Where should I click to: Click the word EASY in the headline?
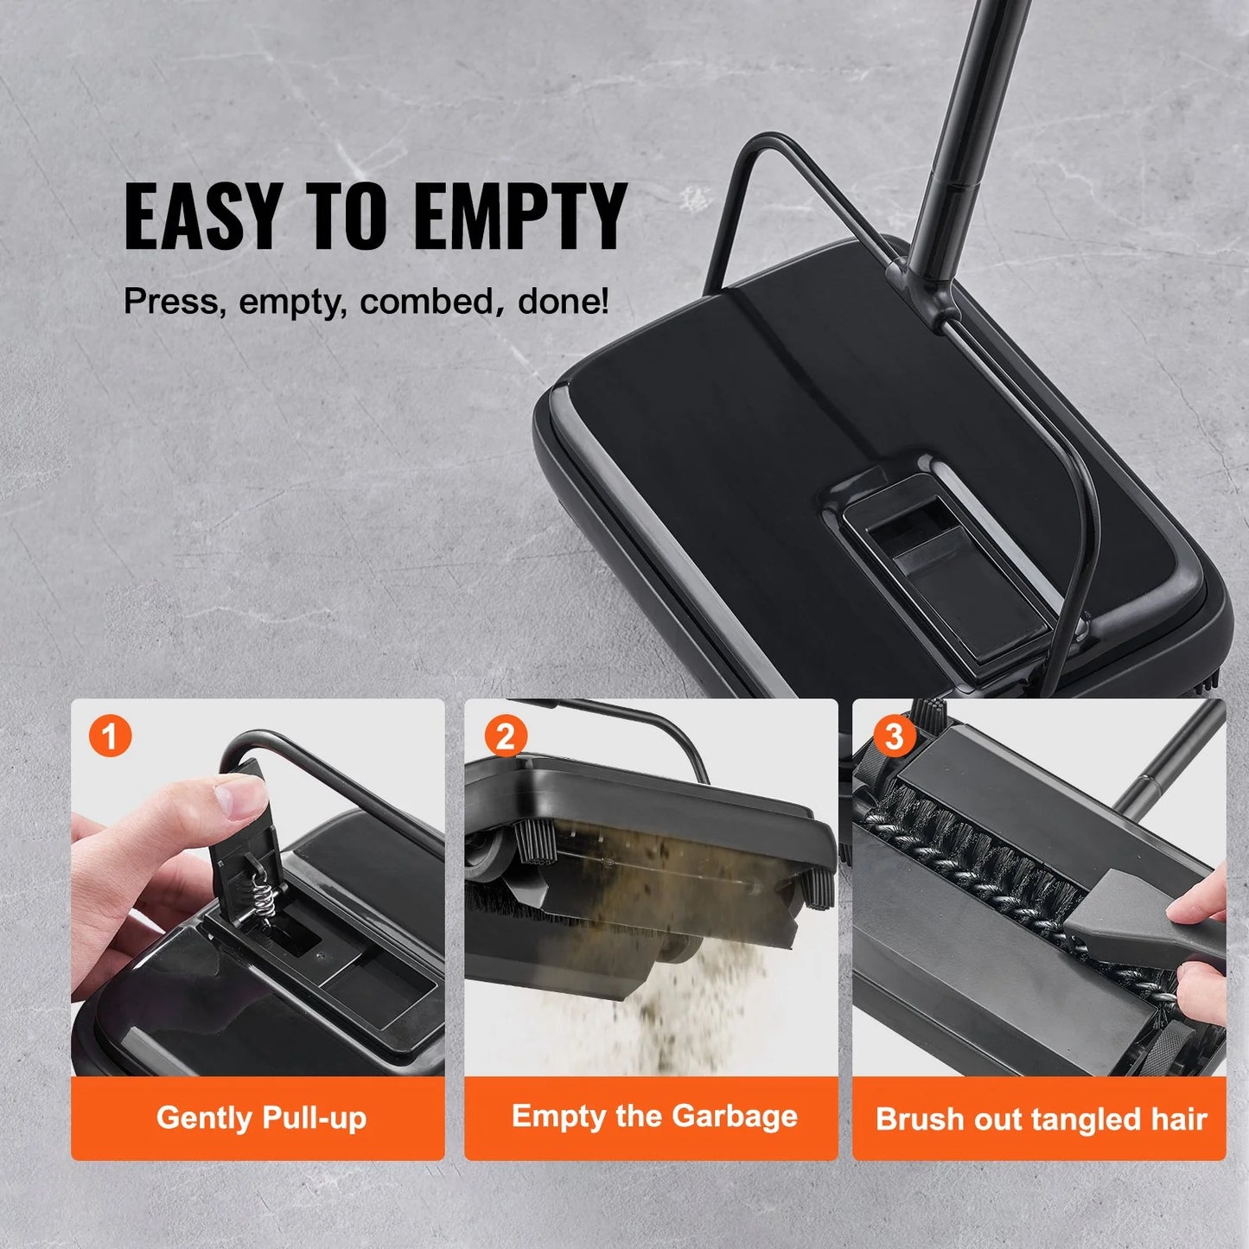point(203,216)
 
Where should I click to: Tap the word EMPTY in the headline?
point(519,216)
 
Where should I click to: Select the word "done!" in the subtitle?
point(564,302)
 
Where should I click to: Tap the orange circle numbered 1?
point(110,737)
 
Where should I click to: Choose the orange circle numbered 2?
point(506,737)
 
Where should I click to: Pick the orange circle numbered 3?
point(894,737)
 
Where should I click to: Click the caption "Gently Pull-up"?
point(261,1118)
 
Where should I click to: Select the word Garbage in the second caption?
point(735,1117)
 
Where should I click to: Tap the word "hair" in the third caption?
point(1179,1119)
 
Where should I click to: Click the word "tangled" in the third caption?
point(1089,1119)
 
